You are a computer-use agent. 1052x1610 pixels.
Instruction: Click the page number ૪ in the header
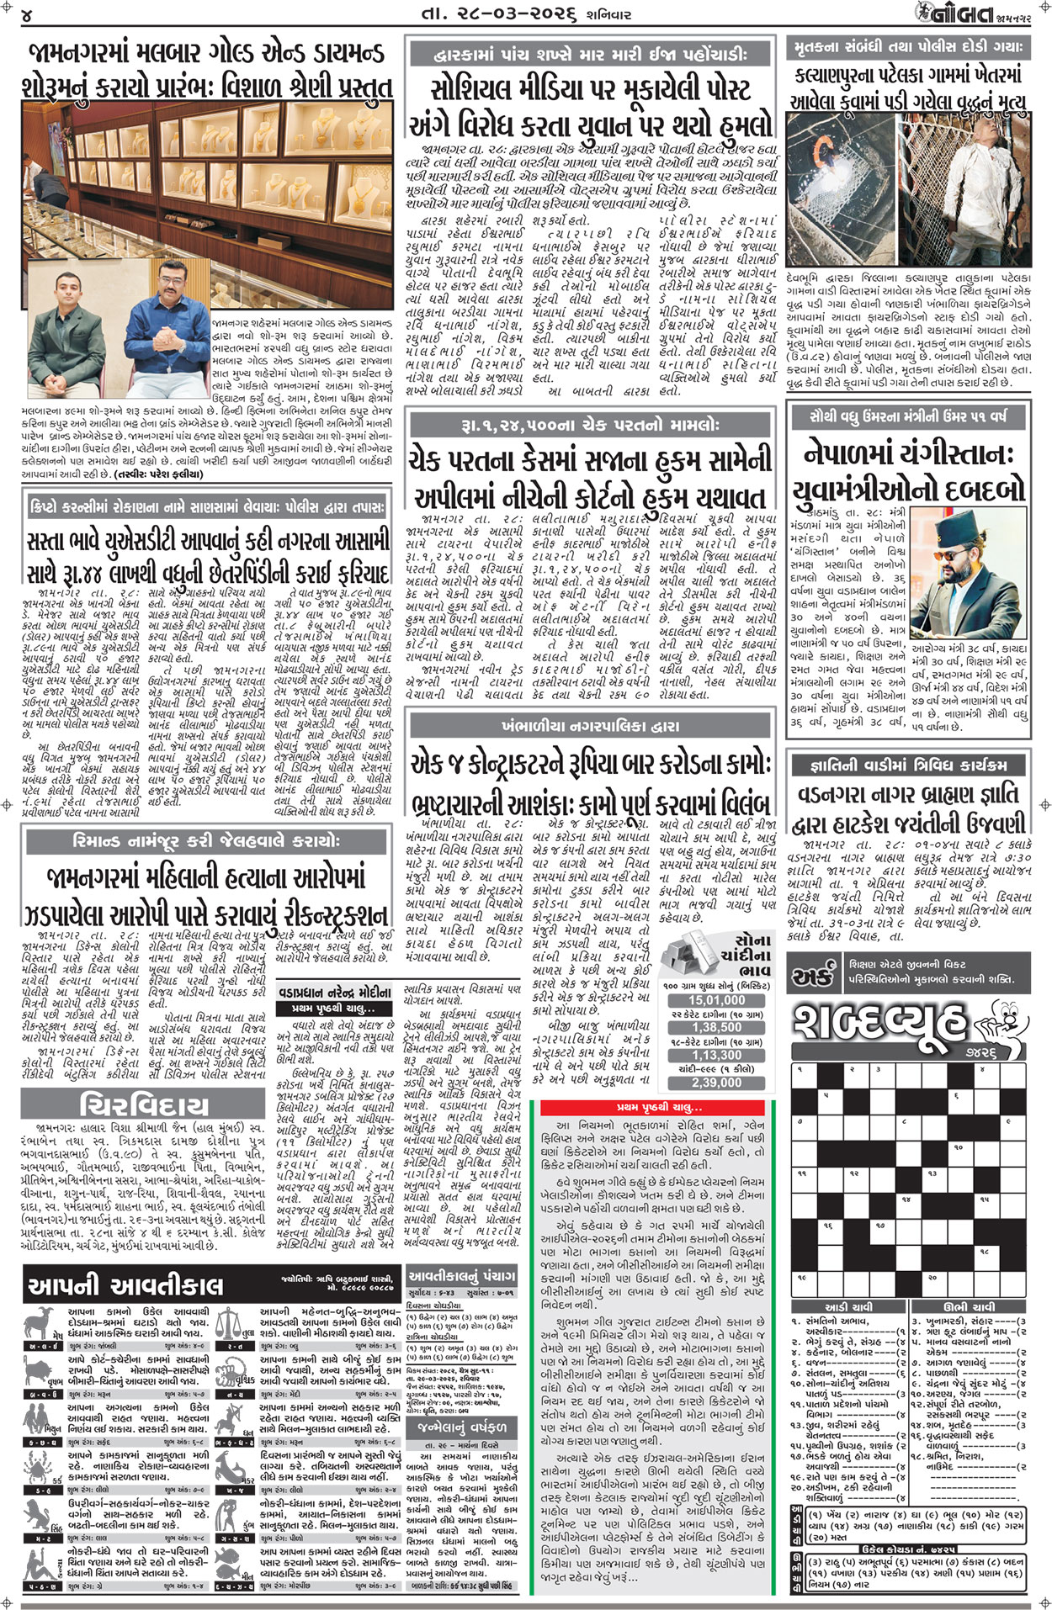[x=28, y=14]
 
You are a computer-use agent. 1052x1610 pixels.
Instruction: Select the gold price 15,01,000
[x=717, y=1000]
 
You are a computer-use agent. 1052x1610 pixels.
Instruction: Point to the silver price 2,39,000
[x=717, y=1083]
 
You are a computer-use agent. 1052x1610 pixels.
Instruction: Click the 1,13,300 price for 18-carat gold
[x=717, y=1055]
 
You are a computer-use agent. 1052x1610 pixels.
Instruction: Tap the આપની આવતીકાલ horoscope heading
[x=126, y=1286]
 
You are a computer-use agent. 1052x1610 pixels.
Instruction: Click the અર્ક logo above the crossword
[x=811, y=977]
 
